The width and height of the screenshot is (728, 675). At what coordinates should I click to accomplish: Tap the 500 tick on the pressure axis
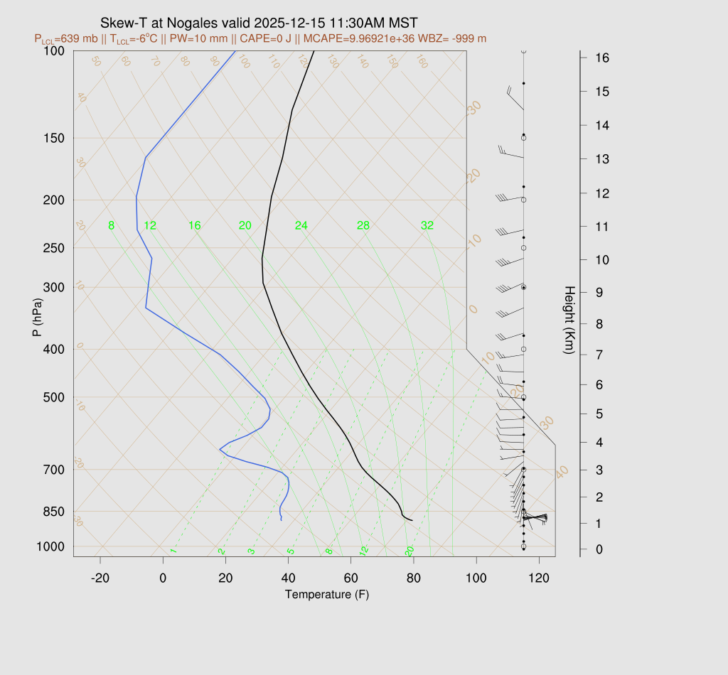click(x=54, y=397)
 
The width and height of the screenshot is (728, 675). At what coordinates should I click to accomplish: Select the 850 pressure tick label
click(x=54, y=512)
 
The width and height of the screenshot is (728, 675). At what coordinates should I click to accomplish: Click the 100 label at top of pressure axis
click(x=54, y=50)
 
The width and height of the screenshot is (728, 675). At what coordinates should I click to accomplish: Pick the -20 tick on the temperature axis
click(x=100, y=578)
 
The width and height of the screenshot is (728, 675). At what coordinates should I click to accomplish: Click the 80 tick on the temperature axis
click(x=414, y=578)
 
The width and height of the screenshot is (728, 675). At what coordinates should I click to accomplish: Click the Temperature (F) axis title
click(x=327, y=594)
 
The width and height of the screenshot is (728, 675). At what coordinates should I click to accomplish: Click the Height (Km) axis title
click(x=569, y=321)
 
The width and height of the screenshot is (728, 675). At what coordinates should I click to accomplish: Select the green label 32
click(x=427, y=226)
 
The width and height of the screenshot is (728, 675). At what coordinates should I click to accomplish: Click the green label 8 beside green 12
click(x=111, y=226)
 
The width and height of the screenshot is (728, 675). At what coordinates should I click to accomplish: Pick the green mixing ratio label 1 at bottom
click(x=173, y=551)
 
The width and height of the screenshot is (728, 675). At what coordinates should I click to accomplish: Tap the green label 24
click(x=301, y=226)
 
